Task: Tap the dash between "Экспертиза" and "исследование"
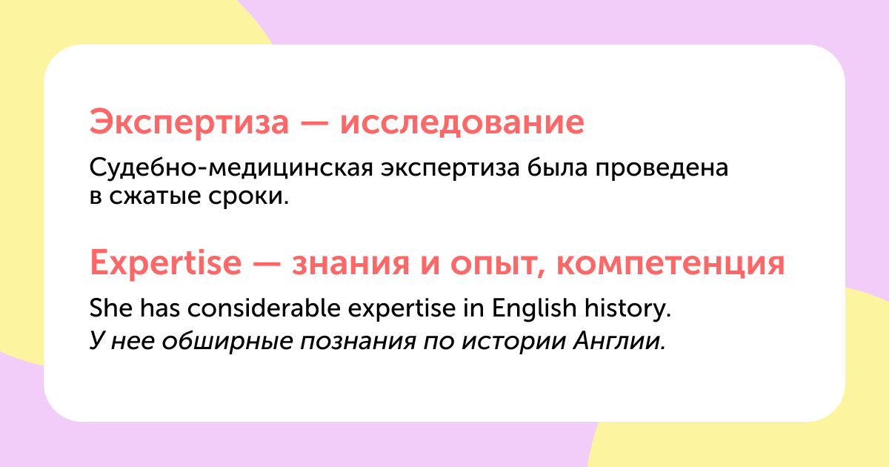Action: [x=314, y=123]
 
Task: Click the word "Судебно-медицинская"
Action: [x=231, y=168]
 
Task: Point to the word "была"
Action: [x=557, y=168]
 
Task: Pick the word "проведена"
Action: [x=662, y=168]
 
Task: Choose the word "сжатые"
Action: [x=155, y=196]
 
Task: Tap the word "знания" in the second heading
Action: [x=350, y=264]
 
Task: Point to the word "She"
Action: [x=110, y=308]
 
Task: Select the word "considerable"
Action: [x=264, y=308]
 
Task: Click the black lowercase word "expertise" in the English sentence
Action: [x=402, y=309]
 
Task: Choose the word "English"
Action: [x=534, y=309]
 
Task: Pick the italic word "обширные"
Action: [x=227, y=342]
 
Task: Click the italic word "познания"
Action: [x=358, y=342]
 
